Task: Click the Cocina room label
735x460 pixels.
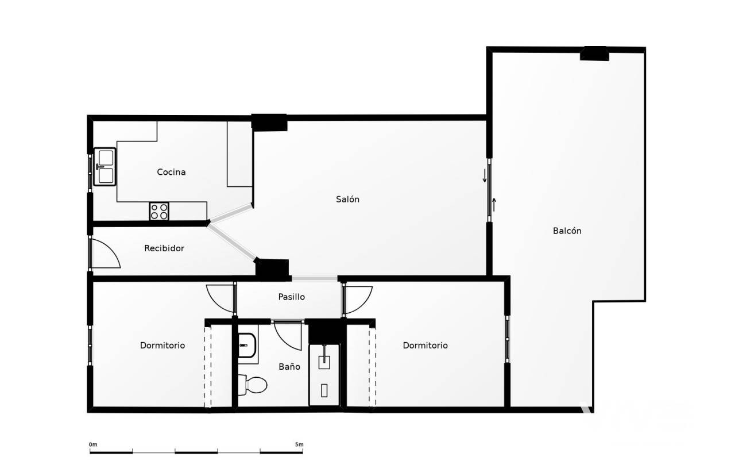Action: [171, 172]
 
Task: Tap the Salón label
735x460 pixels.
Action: [347, 200]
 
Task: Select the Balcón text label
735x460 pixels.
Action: [567, 231]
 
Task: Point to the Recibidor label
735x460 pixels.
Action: [164, 248]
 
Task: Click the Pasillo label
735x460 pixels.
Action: [291, 297]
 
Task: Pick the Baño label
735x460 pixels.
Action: [289, 367]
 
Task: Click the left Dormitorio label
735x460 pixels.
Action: [163, 346]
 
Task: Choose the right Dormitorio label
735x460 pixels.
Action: [425, 346]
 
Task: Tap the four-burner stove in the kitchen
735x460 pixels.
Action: [159, 211]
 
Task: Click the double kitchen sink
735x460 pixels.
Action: [105, 167]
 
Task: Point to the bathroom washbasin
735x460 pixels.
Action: [246, 346]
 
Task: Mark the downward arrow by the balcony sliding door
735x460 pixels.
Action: [485, 176]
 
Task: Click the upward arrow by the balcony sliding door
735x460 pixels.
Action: [494, 205]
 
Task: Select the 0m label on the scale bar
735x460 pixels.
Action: [93, 444]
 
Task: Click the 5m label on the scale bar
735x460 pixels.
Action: [299, 444]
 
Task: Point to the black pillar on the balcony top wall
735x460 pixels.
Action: [594, 53]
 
